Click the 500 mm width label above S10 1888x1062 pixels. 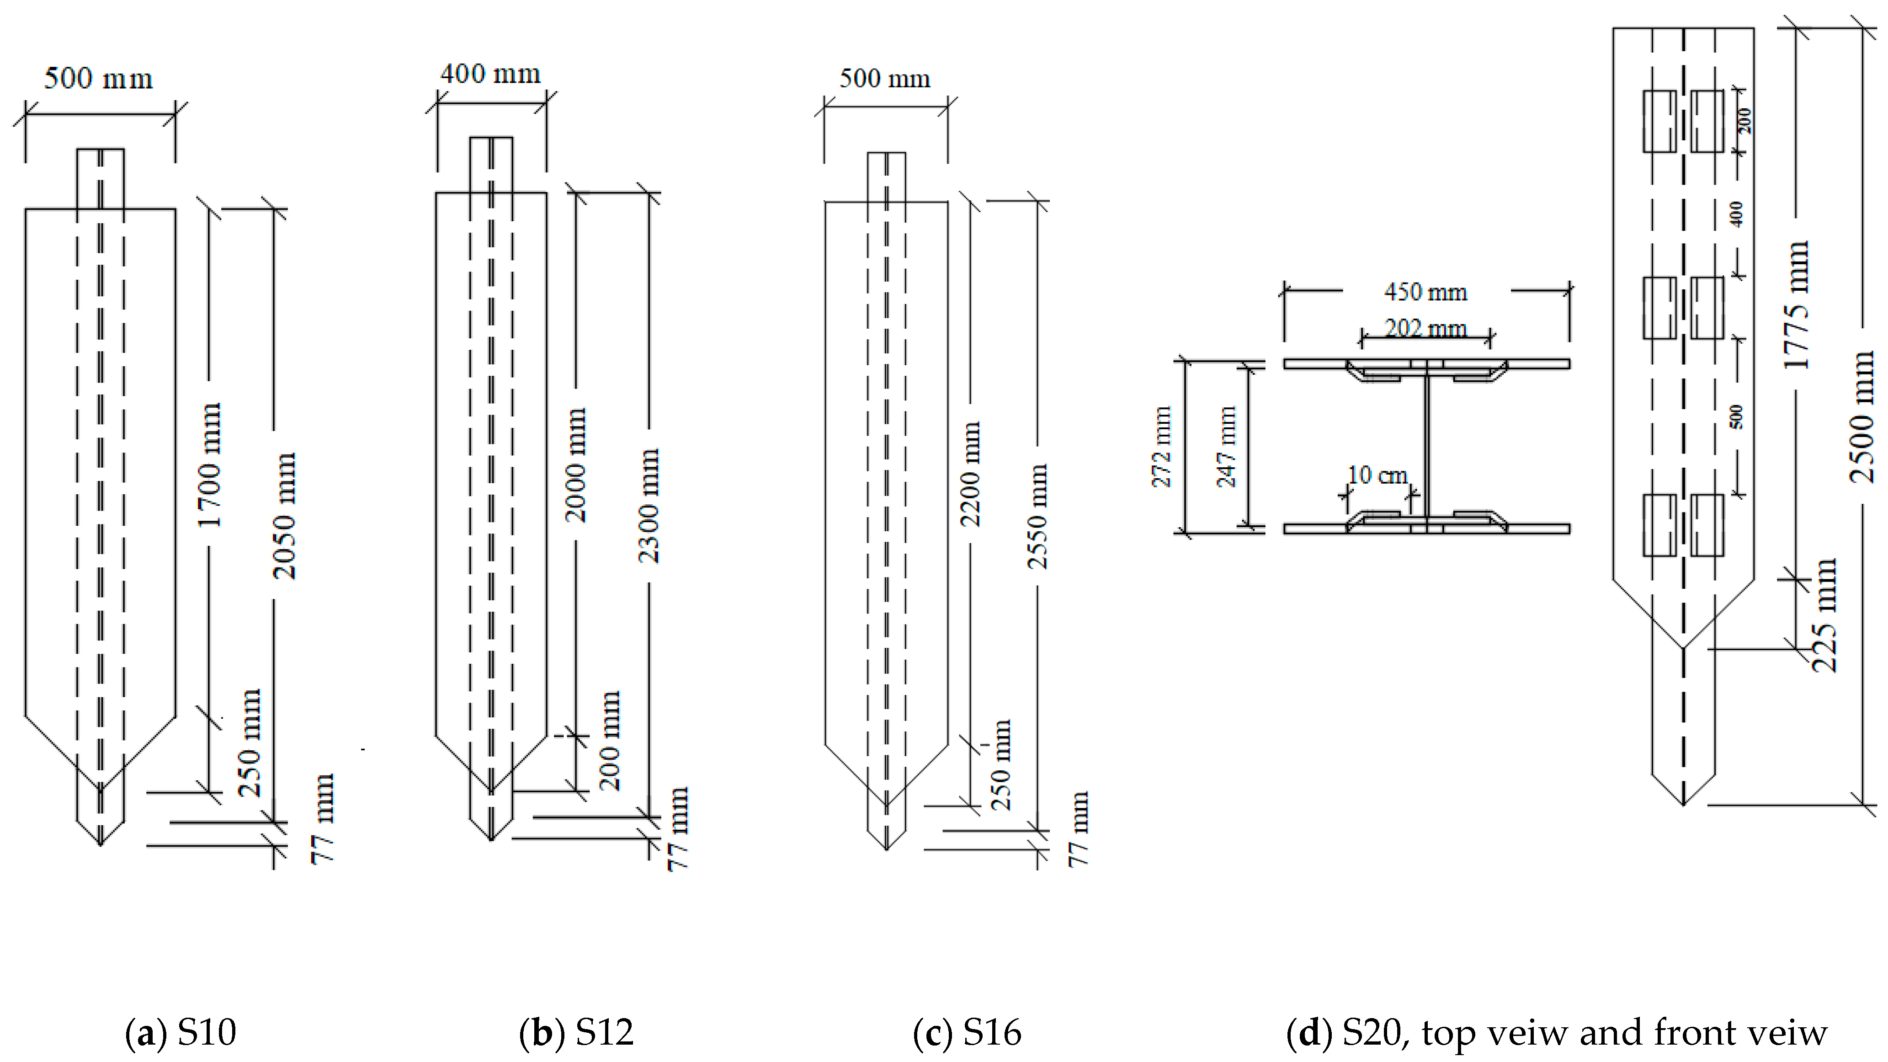98,79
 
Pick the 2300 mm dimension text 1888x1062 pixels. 649,506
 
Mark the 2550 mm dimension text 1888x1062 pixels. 1037,517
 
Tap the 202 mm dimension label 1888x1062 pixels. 1425,328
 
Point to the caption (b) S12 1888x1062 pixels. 576,1032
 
